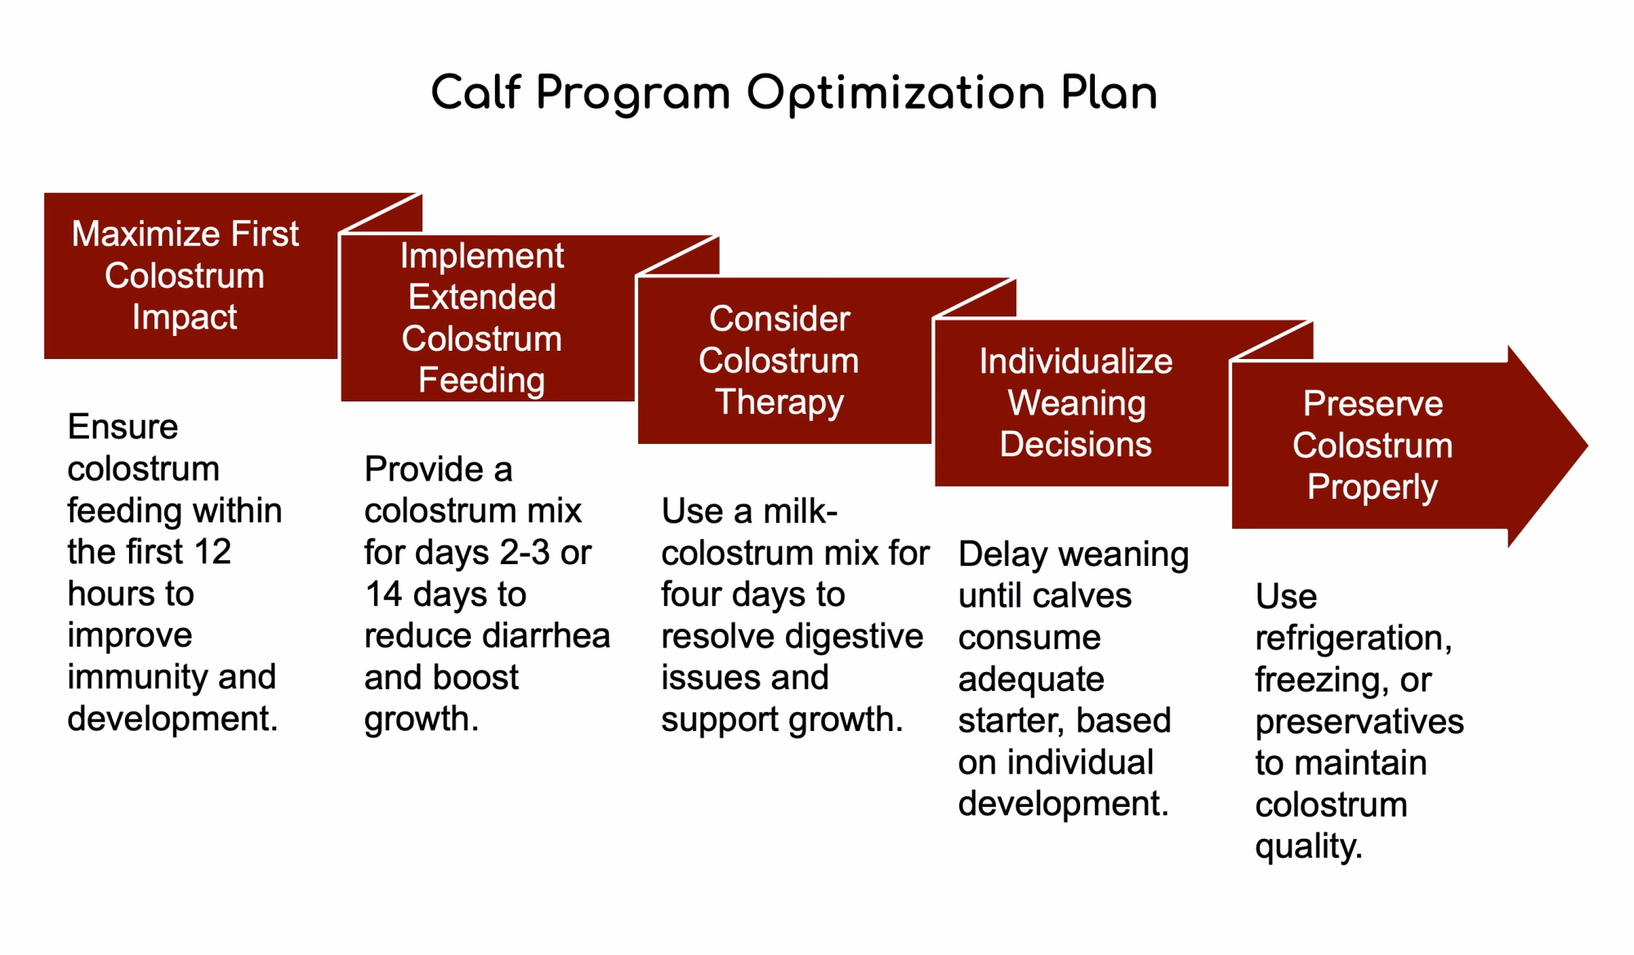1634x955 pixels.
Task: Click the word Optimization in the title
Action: pos(895,94)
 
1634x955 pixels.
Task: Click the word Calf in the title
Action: pos(475,92)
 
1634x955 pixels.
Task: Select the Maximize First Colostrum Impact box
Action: pos(190,276)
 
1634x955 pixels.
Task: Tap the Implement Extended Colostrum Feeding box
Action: pos(487,318)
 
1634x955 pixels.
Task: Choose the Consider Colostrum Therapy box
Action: pos(784,361)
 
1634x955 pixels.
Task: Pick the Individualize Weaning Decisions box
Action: pos(1081,403)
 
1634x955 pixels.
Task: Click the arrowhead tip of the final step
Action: pos(1587,446)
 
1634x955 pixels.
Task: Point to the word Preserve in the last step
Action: pos(1373,404)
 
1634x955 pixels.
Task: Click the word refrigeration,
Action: pos(1354,638)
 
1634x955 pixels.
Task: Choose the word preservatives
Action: pos(1359,722)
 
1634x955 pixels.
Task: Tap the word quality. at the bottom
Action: pos(1309,846)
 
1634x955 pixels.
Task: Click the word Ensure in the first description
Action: pos(123,427)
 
